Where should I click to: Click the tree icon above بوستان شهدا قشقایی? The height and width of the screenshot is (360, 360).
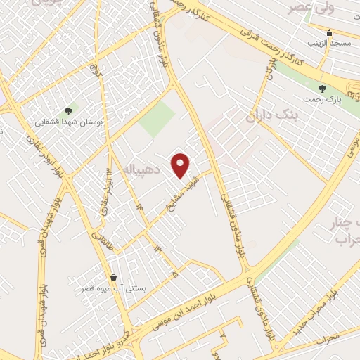pos(68,110)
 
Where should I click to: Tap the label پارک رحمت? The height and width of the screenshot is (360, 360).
pos(322,100)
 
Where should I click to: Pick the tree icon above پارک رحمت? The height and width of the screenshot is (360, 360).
pos(322,89)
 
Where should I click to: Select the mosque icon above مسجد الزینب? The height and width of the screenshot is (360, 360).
pos(329,32)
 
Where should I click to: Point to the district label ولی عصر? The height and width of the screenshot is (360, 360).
pos(309,8)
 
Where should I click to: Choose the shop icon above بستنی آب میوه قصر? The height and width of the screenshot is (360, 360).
pos(114,277)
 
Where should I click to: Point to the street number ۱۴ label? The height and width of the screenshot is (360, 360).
pos(139,205)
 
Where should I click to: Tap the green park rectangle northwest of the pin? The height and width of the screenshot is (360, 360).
pos(155,119)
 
